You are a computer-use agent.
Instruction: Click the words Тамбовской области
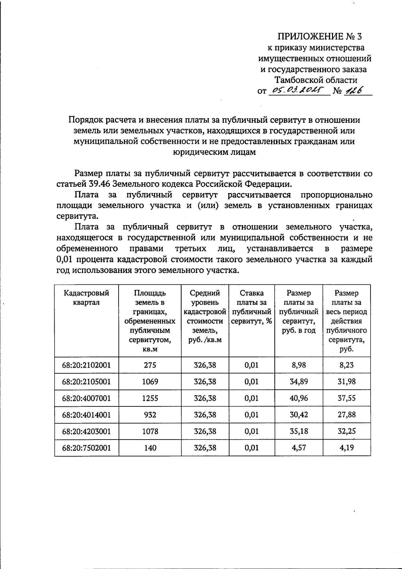click(316, 80)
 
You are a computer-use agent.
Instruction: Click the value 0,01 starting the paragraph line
click(65, 260)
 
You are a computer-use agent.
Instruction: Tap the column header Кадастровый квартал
click(86, 297)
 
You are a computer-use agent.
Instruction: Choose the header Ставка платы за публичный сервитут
click(252, 307)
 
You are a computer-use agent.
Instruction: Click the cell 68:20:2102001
click(86, 365)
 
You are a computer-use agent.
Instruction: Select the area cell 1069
click(150, 382)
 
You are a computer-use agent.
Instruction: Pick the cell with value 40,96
click(299, 398)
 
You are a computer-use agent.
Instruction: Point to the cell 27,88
click(347, 415)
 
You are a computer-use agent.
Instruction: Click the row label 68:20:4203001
click(86, 431)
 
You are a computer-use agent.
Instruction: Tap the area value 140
click(150, 448)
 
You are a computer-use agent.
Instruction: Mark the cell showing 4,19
click(347, 448)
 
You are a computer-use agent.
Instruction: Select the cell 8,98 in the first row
click(299, 365)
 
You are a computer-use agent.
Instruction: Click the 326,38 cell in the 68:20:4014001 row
click(205, 415)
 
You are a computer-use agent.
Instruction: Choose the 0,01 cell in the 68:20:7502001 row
click(252, 448)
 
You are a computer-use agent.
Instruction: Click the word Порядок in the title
click(83, 120)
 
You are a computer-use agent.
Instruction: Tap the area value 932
click(150, 415)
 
